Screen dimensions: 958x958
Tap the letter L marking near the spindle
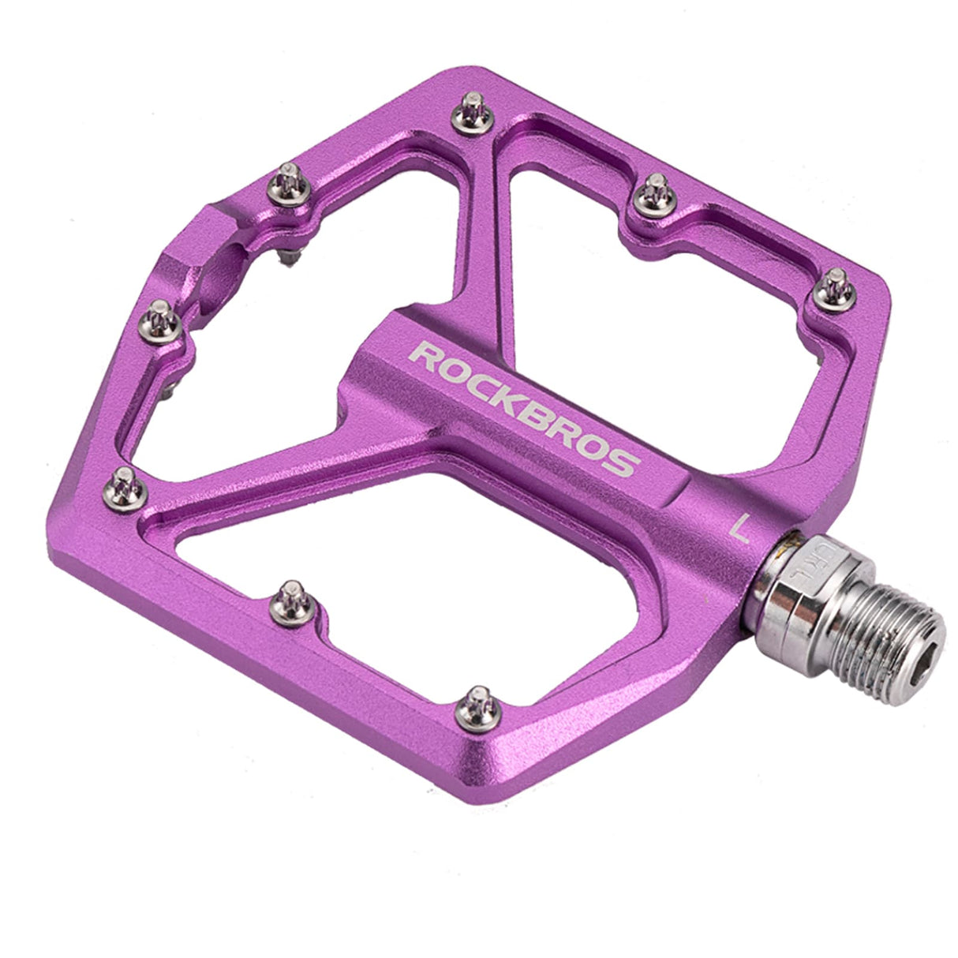tap(740, 526)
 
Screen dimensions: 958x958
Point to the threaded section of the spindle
tap(876, 623)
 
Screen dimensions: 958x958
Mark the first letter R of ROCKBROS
tap(426, 357)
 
